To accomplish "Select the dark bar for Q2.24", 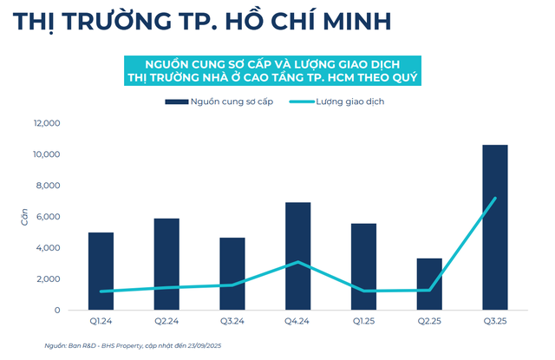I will click(x=166, y=265).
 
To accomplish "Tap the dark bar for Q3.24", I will click(x=232, y=274).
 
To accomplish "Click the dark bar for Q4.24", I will click(x=297, y=257).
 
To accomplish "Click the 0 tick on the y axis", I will click(x=56, y=310).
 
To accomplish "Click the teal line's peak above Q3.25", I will click(x=495, y=198).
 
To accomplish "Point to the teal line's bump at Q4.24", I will click(x=297, y=262).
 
